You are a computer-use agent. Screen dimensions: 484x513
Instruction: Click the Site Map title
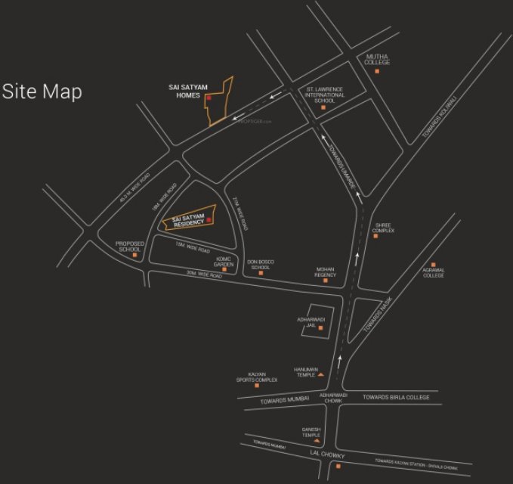[x=42, y=92]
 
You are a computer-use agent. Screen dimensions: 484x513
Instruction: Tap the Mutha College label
[x=377, y=59]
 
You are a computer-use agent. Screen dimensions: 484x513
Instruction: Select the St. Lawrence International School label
[x=325, y=95]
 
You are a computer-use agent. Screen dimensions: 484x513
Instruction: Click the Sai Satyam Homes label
[x=184, y=92]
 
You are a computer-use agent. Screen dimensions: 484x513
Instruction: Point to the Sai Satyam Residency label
[x=189, y=220]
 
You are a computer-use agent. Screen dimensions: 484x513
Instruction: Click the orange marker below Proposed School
[x=135, y=256]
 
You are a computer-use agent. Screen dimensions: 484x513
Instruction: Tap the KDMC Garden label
[x=223, y=261]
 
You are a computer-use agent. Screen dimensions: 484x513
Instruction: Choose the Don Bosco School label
[x=261, y=264]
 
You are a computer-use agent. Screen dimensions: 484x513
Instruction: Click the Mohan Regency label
[x=325, y=271]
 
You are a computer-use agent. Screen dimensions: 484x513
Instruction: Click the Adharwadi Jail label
[x=311, y=322]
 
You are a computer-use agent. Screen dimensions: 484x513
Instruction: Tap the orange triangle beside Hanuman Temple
[x=320, y=374]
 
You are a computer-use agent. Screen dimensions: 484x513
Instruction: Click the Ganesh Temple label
[x=312, y=432]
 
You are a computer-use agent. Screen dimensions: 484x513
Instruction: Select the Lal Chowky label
[x=327, y=455]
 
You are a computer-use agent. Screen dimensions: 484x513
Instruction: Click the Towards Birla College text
[x=396, y=397]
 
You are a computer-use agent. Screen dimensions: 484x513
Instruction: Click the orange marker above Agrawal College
[x=433, y=264]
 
